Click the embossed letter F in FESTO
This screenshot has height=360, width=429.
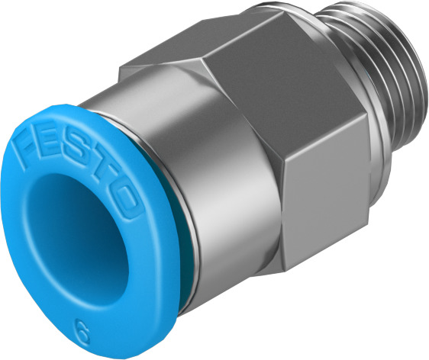click(29, 141)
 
